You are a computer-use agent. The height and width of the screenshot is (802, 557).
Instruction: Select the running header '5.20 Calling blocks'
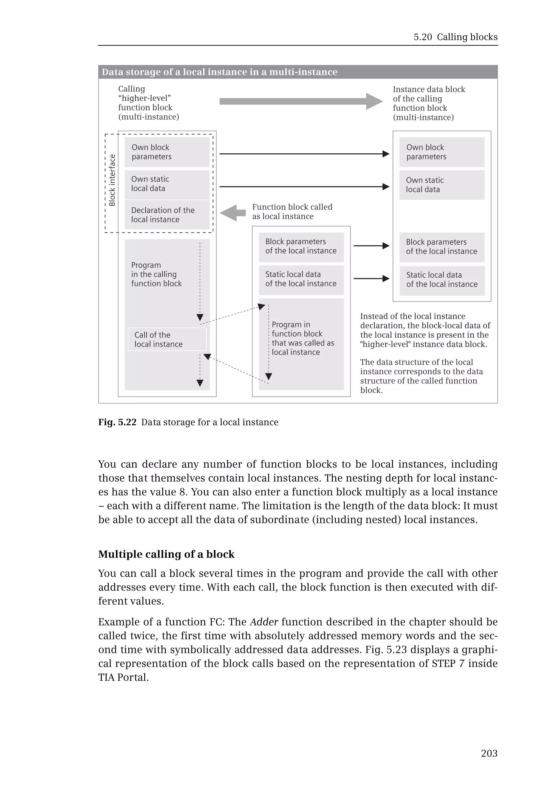pyautogui.click(x=456, y=37)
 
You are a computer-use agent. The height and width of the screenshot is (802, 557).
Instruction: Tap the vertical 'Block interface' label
pyautogui.click(x=112, y=180)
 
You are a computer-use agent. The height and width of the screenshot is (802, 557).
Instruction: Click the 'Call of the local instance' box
pyautogui.click(x=167, y=339)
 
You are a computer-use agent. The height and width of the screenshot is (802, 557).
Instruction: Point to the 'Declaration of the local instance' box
pyautogui.click(x=167, y=215)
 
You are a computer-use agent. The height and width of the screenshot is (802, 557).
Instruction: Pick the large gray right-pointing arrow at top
pyautogui.click(x=301, y=101)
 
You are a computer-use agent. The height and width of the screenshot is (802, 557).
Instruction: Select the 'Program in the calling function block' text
pyautogui.click(x=156, y=274)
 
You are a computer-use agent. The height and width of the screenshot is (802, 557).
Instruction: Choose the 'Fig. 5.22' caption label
pyautogui.click(x=117, y=422)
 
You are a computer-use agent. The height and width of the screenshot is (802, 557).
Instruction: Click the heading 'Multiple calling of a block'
pyautogui.click(x=166, y=554)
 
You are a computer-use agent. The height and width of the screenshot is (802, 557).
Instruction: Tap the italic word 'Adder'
pyautogui.click(x=264, y=622)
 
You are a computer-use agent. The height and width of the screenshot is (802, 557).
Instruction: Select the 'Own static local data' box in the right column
pyautogui.click(x=442, y=185)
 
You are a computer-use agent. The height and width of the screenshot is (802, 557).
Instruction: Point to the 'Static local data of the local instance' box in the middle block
pyautogui.click(x=301, y=279)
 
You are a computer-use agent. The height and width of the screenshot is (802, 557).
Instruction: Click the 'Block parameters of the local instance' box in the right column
pyautogui.click(x=442, y=247)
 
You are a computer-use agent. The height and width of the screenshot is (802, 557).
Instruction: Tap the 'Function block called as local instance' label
pyautogui.click(x=292, y=212)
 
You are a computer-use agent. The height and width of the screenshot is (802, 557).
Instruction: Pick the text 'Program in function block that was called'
pyautogui.click(x=303, y=338)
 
